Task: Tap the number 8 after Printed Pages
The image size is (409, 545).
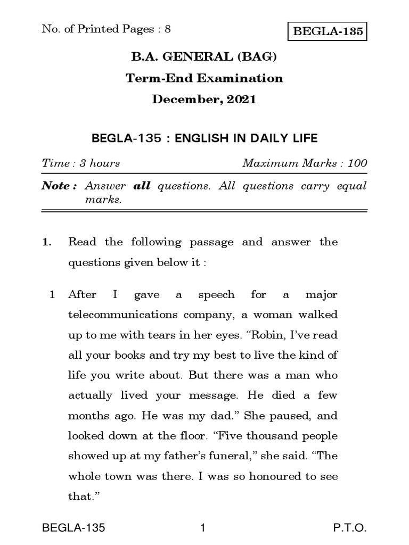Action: point(168,29)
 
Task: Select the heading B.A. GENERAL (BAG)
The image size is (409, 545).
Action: point(204,57)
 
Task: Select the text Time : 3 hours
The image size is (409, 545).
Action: point(81,163)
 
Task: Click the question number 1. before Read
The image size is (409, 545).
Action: point(47,243)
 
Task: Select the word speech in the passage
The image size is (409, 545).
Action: point(216,294)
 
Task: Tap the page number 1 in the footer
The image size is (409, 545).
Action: point(203,529)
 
